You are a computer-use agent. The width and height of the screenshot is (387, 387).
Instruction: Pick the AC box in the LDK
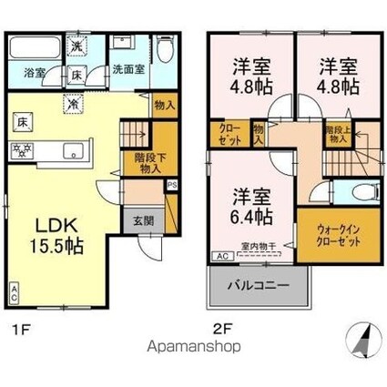coord(14,294)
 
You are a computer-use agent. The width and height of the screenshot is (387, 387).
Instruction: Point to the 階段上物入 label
coord(336,134)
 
